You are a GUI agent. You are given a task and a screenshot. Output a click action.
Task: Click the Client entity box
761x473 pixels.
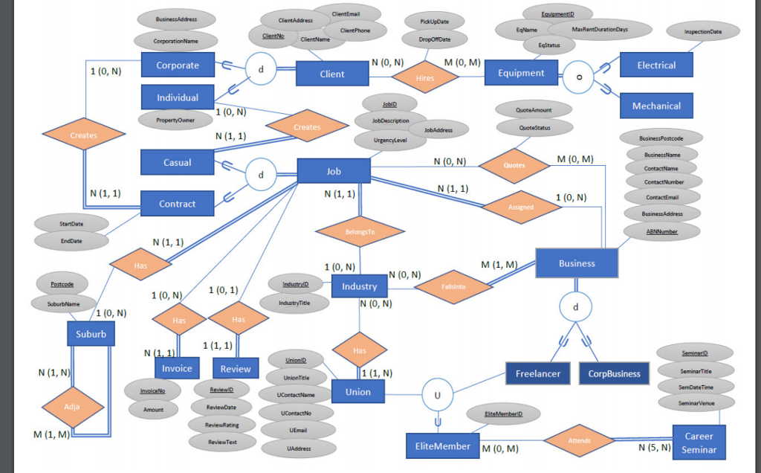point(332,74)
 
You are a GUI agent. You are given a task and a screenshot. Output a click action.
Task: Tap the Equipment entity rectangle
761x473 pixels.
point(521,73)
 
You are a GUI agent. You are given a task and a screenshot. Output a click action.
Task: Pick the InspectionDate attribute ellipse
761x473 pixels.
point(702,32)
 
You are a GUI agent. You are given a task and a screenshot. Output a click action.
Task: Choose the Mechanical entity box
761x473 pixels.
point(656,106)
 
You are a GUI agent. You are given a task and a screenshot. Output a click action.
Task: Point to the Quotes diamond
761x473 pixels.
point(514,165)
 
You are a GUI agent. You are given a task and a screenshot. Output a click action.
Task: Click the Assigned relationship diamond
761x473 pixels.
point(520,207)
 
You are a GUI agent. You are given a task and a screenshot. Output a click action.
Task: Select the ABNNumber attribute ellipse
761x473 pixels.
point(661,231)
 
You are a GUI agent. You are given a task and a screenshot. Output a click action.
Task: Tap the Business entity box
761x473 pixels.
point(577,263)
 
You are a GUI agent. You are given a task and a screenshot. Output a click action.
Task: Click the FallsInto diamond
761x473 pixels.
point(453,286)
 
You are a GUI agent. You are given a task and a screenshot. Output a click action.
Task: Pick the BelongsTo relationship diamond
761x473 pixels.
point(360,232)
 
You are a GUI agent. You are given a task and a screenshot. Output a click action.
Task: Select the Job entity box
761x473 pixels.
point(334,171)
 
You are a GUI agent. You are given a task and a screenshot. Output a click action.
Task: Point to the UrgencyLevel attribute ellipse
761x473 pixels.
point(390,139)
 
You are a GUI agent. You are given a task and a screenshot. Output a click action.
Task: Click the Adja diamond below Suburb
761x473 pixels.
point(72,407)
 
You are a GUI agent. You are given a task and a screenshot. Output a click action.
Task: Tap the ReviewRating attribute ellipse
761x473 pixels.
point(222,424)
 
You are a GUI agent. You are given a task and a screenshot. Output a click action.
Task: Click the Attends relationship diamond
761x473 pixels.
point(579,440)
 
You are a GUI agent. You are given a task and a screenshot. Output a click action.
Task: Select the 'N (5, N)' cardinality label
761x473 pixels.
point(655,448)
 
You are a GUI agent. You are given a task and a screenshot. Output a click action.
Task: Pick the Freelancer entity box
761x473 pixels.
point(537,373)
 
